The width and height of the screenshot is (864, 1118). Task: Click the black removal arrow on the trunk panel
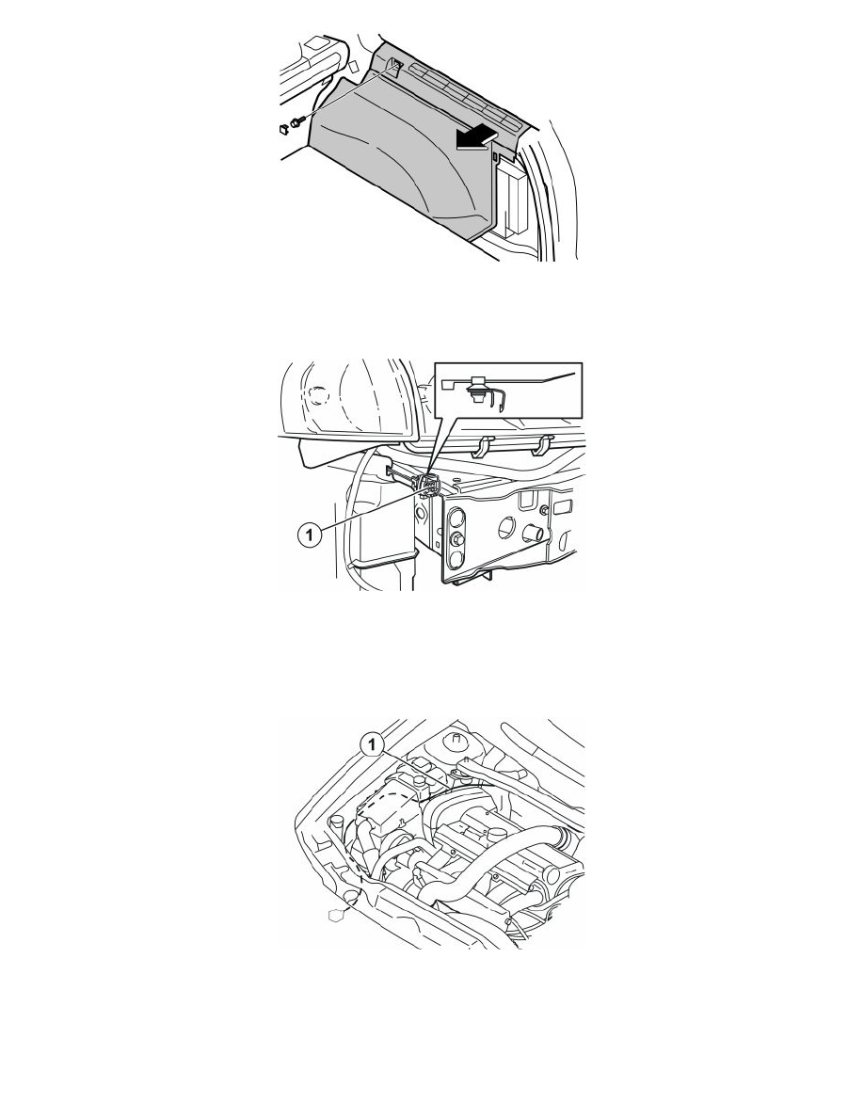tap(476, 137)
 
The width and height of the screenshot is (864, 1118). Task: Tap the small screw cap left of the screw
tap(283, 129)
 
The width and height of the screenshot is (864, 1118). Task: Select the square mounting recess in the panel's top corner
tap(394, 66)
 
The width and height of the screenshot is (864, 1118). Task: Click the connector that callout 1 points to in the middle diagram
tap(427, 482)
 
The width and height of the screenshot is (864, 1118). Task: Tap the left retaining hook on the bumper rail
tap(484, 446)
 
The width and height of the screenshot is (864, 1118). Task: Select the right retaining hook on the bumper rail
tap(542, 444)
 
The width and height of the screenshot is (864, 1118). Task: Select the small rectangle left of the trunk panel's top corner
tap(354, 66)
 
